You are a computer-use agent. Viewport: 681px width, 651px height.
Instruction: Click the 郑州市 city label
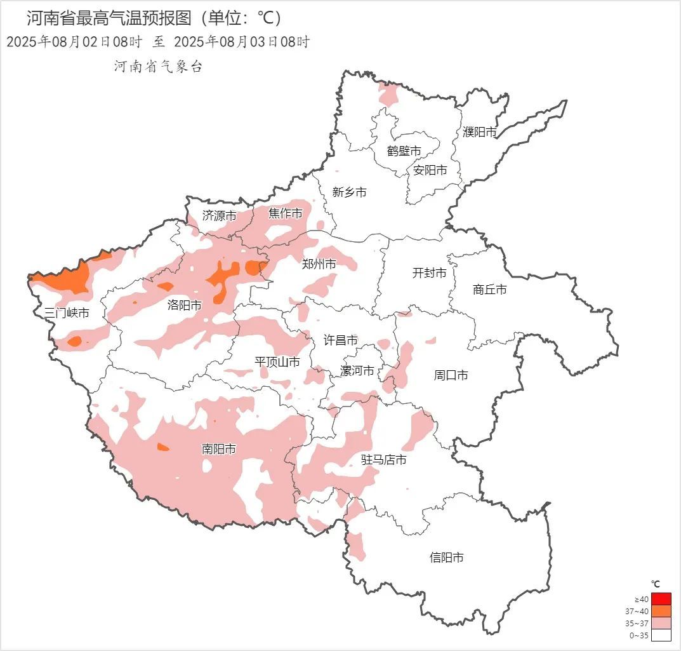319,264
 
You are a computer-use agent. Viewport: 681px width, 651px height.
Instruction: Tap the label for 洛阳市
184,305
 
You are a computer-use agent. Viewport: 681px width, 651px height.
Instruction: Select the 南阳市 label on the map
218,450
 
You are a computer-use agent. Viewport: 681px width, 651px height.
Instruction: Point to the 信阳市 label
446,558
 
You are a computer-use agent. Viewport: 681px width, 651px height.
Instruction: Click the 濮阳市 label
479,132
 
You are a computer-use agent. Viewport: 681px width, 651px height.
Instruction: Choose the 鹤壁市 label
404,151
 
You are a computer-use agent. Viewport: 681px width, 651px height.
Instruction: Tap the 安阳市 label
430,170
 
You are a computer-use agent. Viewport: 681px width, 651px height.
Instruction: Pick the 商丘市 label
490,290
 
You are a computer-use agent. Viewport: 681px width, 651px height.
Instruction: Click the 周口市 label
451,375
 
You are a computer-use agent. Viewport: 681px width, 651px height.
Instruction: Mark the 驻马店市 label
383,460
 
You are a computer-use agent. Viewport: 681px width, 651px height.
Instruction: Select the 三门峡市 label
67,313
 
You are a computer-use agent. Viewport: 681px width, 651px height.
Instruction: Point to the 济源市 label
219,216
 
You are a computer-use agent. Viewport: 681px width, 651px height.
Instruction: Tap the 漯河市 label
357,371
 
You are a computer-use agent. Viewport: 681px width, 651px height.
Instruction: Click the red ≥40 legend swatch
661,599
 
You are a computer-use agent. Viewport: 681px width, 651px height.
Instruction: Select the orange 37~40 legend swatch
661,611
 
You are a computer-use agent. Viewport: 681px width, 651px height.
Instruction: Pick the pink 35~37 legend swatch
661,623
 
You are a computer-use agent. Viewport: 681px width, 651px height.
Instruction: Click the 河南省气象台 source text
158,67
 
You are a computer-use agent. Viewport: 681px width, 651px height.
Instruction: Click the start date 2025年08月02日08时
74,43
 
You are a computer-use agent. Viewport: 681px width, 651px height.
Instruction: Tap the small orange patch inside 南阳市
163,447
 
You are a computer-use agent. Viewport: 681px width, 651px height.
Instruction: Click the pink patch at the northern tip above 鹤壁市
388,95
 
